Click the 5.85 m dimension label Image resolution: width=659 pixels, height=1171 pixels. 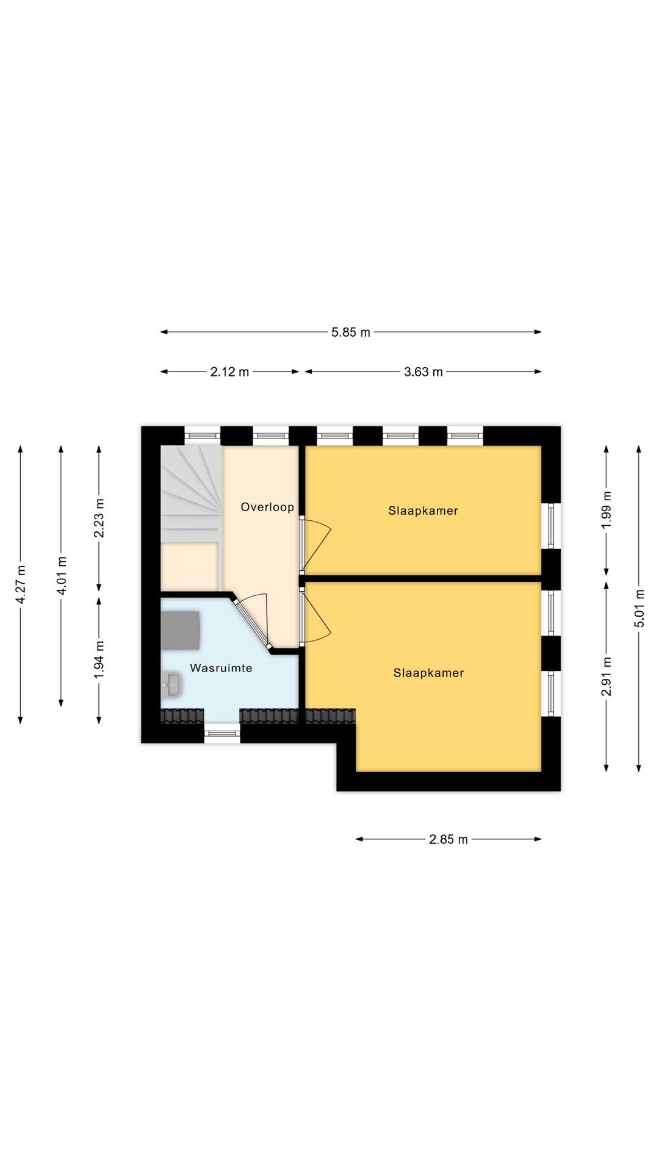click(x=351, y=332)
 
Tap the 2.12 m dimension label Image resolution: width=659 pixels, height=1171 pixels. click(x=229, y=372)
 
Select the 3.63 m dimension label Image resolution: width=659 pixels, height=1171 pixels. click(x=423, y=372)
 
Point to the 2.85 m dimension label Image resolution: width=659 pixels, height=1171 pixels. click(x=448, y=839)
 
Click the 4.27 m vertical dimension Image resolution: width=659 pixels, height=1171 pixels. click(x=21, y=585)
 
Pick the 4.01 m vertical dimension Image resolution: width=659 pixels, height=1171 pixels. click(x=61, y=576)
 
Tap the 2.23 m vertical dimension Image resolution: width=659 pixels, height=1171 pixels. click(x=99, y=518)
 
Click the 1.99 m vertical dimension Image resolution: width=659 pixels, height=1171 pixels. click(x=606, y=510)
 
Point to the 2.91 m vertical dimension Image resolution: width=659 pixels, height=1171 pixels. click(x=606, y=676)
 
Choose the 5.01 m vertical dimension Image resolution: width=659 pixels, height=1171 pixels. click(x=639, y=608)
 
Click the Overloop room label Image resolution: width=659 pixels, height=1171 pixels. click(x=267, y=507)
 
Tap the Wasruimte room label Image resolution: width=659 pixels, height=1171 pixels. click(x=221, y=668)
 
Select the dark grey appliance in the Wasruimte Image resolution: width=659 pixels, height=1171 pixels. click(x=181, y=630)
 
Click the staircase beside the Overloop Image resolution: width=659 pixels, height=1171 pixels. click(x=190, y=493)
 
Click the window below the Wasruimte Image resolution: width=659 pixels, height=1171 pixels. click(x=222, y=733)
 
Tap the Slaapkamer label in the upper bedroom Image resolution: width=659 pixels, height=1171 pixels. click(x=423, y=510)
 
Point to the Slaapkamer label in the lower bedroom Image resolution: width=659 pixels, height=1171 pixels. click(x=428, y=673)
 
